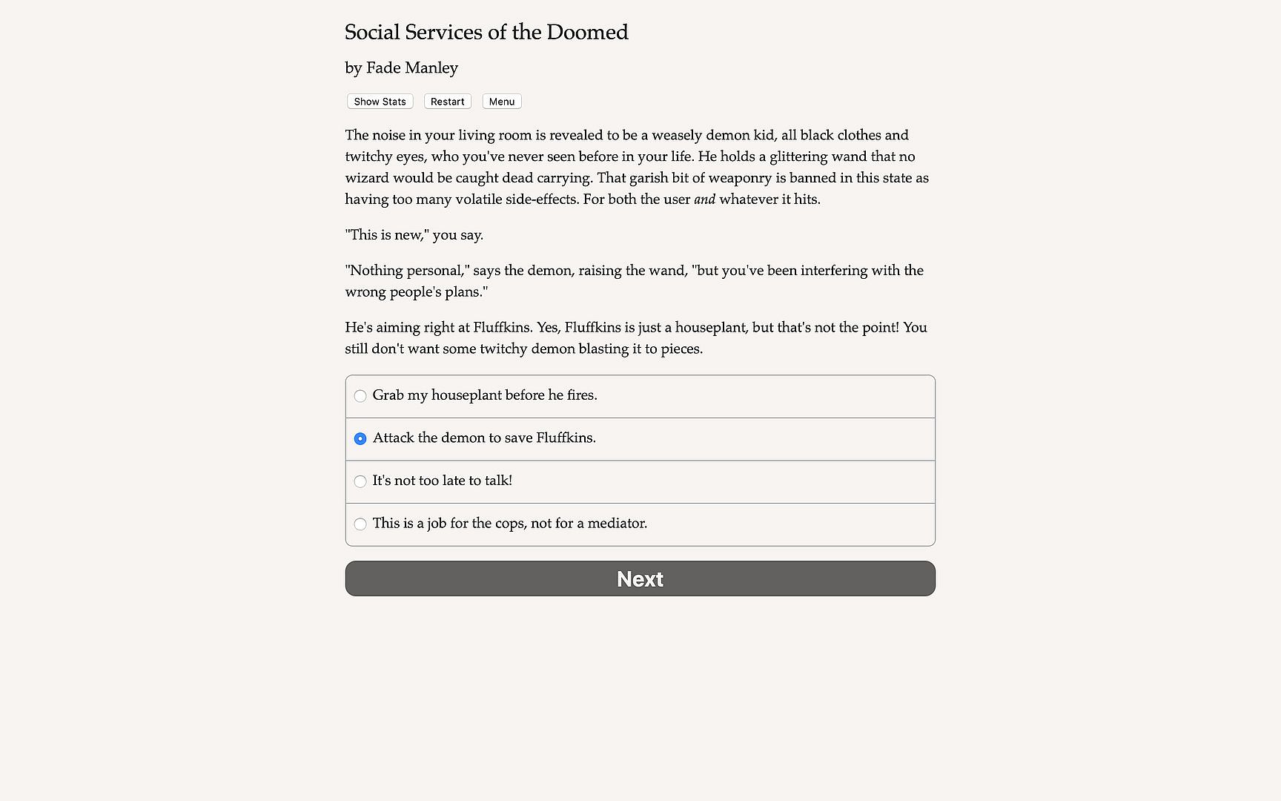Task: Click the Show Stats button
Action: click(x=380, y=102)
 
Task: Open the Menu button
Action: click(x=502, y=102)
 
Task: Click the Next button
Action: click(x=640, y=578)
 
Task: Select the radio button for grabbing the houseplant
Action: click(x=360, y=396)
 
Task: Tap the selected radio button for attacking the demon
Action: click(x=360, y=439)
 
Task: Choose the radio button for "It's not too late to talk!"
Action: click(x=360, y=481)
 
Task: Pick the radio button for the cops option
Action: click(x=360, y=524)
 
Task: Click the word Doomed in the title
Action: click(x=587, y=33)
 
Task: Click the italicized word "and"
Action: click(x=704, y=200)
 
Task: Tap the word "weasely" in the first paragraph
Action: click(x=677, y=135)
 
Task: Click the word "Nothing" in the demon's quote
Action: click(x=375, y=271)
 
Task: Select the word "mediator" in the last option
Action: click(x=617, y=524)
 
